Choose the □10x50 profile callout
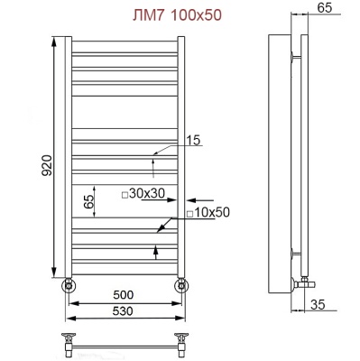coord(209,212)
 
